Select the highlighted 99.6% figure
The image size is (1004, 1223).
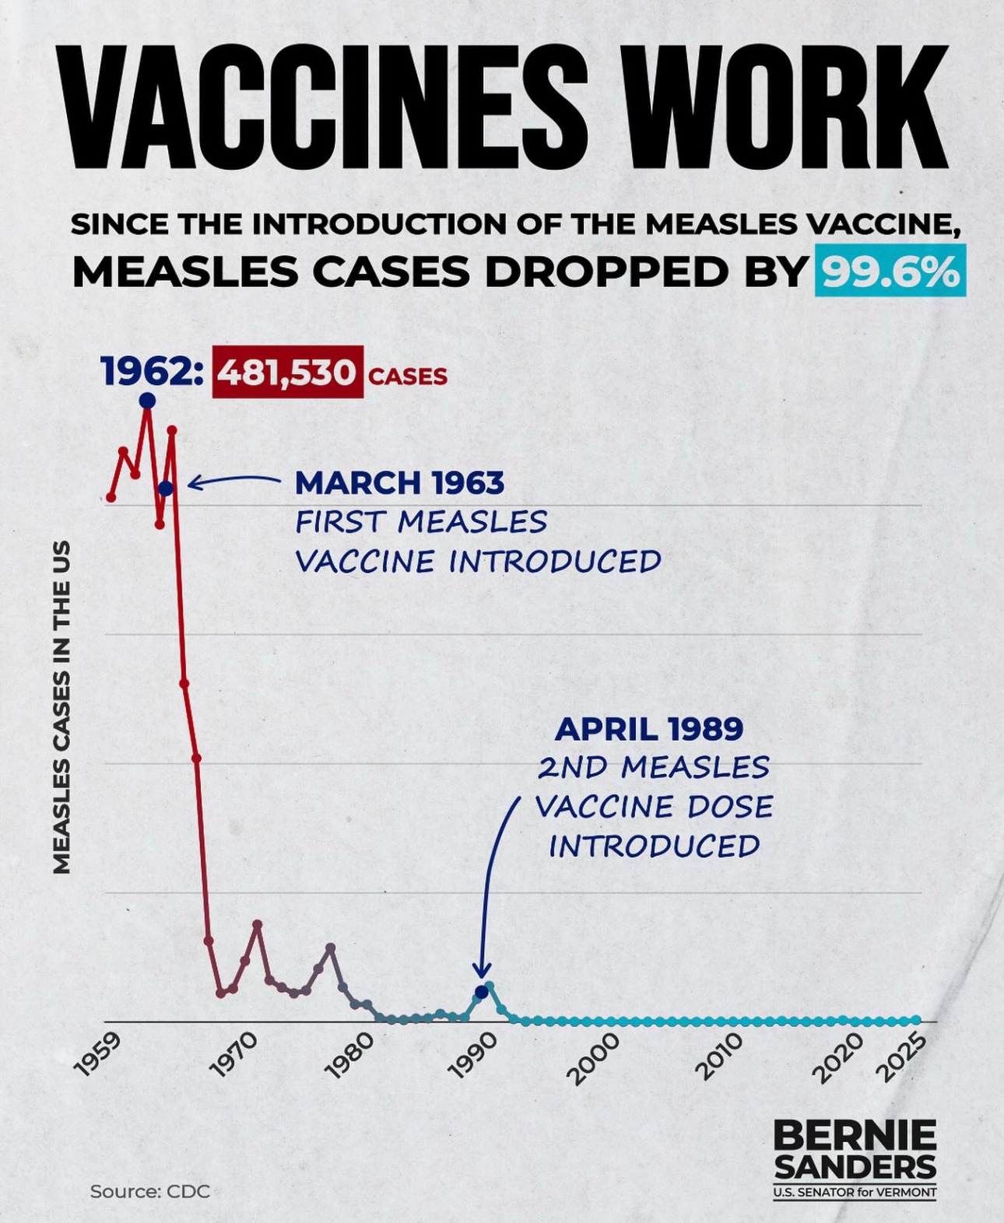(890, 270)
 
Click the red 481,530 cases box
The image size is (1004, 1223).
(287, 373)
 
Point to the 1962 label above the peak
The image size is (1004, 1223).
(153, 371)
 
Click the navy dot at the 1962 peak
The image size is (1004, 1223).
(147, 401)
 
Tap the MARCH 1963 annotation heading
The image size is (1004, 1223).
(399, 483)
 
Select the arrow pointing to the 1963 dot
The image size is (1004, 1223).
(233, 482)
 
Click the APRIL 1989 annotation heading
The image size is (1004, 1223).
(649, 729)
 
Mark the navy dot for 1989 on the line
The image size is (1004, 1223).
(481, 992)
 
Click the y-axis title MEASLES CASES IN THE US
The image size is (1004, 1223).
(61, 706)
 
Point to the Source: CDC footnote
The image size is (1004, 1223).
(149, 1191)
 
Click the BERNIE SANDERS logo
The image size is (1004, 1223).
(855, 1150)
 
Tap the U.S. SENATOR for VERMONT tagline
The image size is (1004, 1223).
(855, 1193)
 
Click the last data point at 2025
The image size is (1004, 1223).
(916, 1020)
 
